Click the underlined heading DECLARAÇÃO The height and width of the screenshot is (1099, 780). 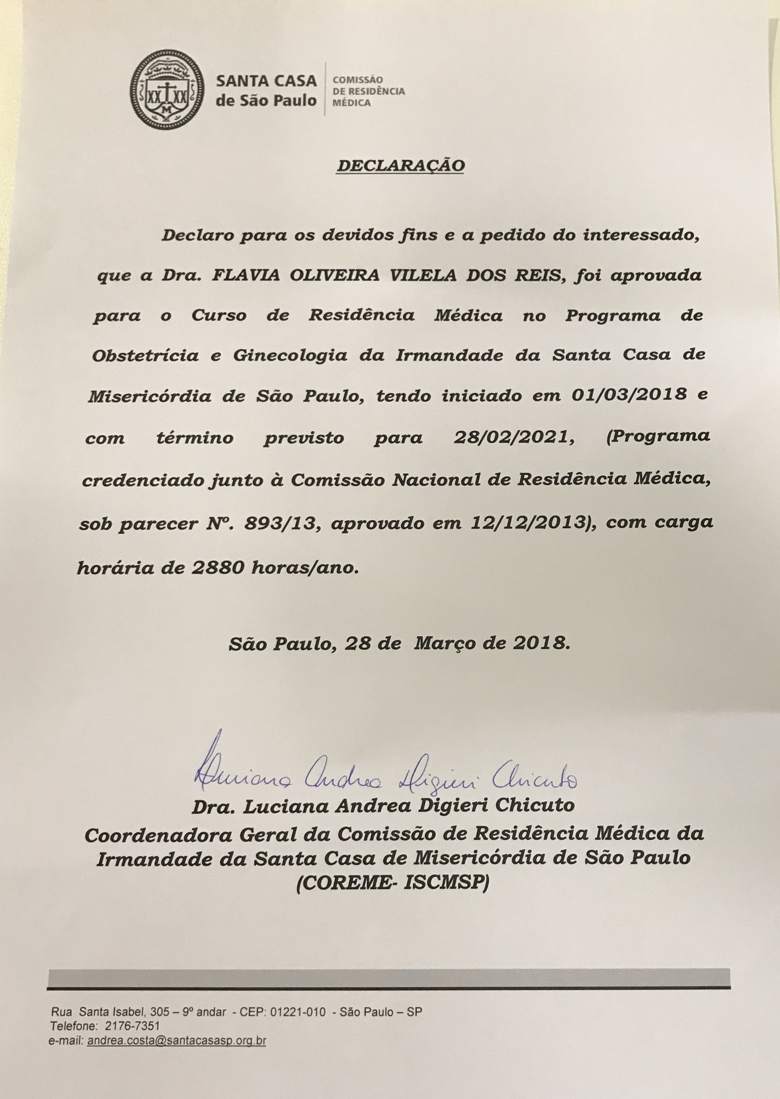[x=401, y=166]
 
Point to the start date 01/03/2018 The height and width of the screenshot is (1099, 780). [x=629, y=395]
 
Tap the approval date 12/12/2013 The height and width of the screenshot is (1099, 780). [x=537, y=523]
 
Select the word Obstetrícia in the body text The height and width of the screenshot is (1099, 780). [x=145, y=355]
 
